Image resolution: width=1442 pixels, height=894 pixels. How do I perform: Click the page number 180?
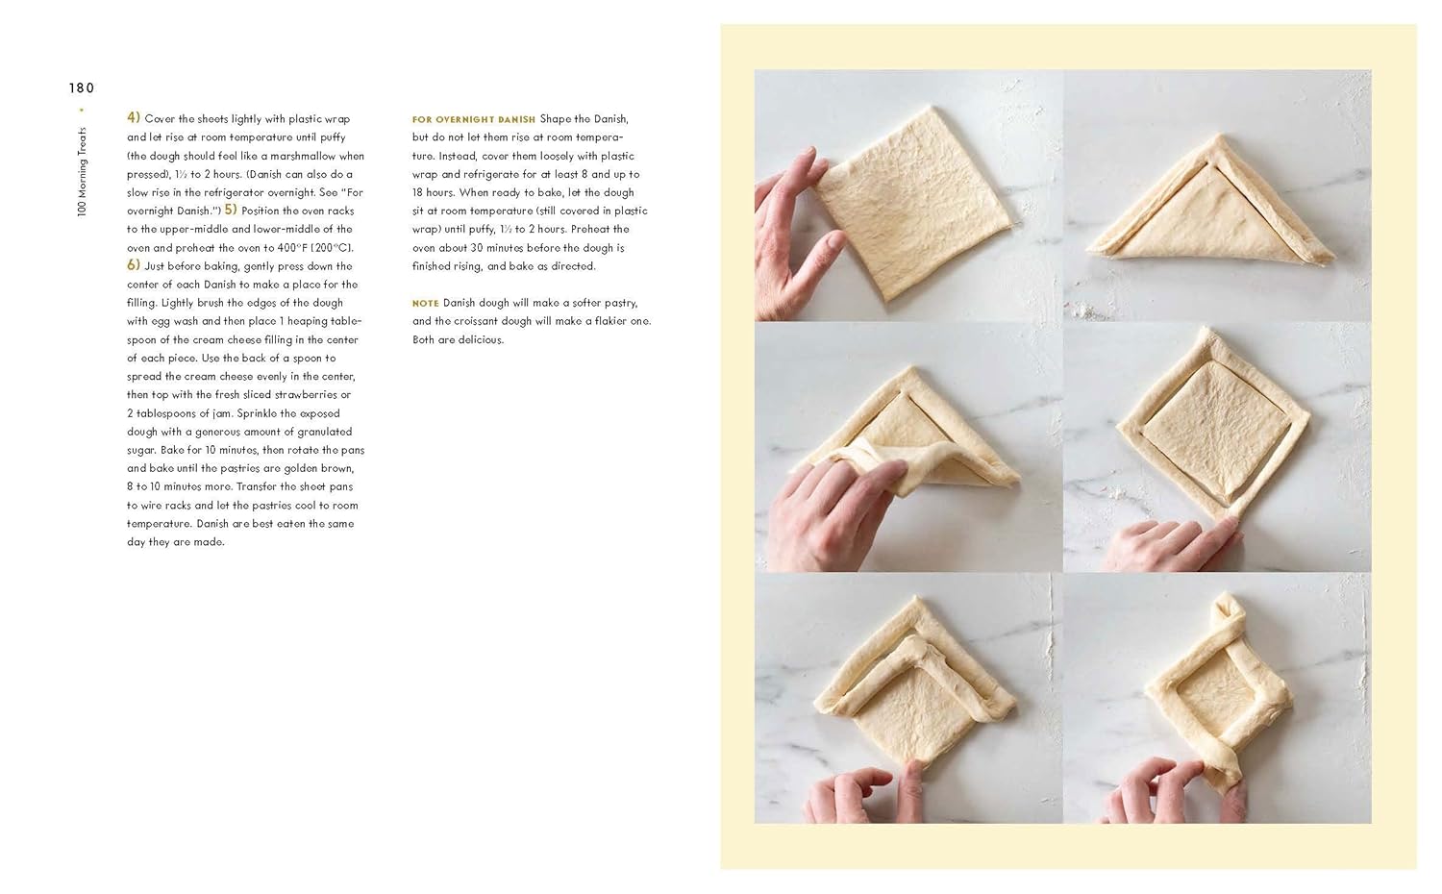[x=82, y=88]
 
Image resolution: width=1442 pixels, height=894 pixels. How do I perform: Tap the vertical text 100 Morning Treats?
[x=82, y=172]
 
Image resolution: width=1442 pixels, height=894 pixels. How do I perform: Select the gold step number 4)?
[x=134, y=118]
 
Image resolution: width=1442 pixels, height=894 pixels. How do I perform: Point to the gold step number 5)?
[x=231, y=210]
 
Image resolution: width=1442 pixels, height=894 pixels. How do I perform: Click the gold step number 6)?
[x=134, y=265]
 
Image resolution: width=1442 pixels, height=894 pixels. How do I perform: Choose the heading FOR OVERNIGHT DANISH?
[x=474, y=120]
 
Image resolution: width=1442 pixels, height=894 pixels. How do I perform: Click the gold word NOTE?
[x=426, y=303]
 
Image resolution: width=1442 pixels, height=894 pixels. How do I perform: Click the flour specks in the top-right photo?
[x=1088, y=310]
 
